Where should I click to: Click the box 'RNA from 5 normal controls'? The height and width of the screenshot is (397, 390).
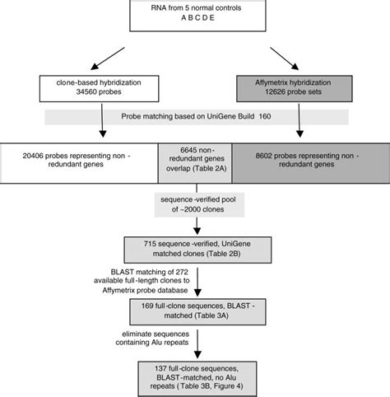click(x=195, y=18)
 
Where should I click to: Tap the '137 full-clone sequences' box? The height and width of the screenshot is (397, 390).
click(x=195, y=374)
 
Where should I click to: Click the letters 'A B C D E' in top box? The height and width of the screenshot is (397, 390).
click(x=195, y=24)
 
